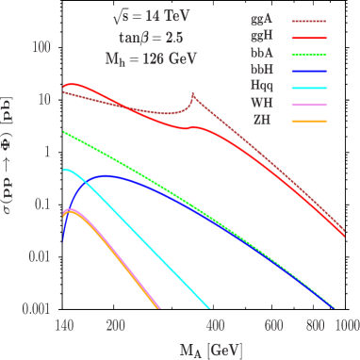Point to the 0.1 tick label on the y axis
40,204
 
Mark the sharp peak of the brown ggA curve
193,94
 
